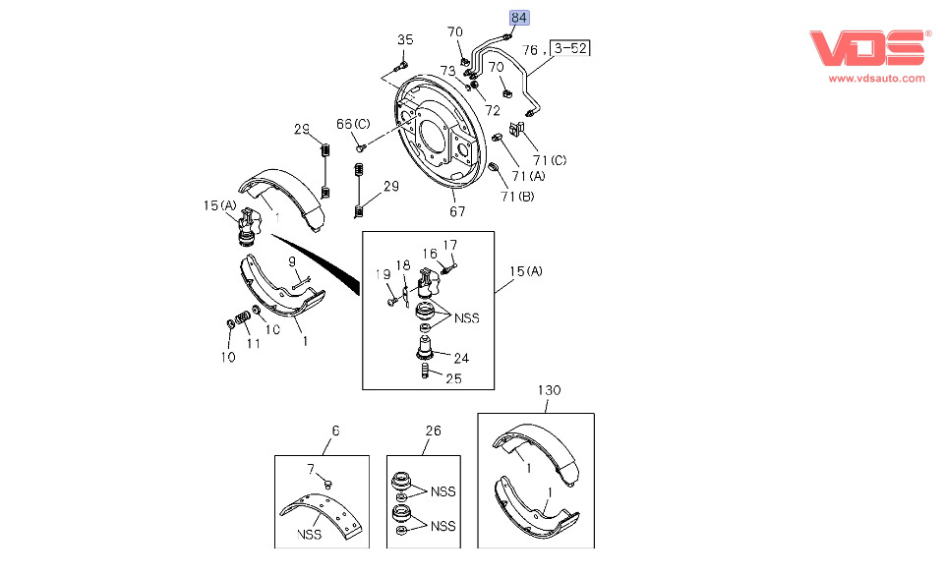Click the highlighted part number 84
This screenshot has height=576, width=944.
coord(518,18)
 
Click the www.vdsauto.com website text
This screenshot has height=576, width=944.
coord(876,78)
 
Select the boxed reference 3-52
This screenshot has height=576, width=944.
coord(573,48)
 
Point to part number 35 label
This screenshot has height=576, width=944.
coord(405,39)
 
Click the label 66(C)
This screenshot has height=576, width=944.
coord(354,124)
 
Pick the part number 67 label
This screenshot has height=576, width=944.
coord(457,211)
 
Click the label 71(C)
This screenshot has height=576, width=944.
coord(550,159)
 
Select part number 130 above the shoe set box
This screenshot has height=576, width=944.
coord(549,390)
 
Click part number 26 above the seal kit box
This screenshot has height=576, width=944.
coord(434,431)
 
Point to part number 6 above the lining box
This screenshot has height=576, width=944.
coord(334,431)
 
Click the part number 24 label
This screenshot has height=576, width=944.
coord(461,358)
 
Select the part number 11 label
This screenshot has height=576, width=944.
coord(253,344)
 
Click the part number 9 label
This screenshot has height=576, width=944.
coord(292,261)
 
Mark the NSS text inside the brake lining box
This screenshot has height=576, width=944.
coord(311,536)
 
